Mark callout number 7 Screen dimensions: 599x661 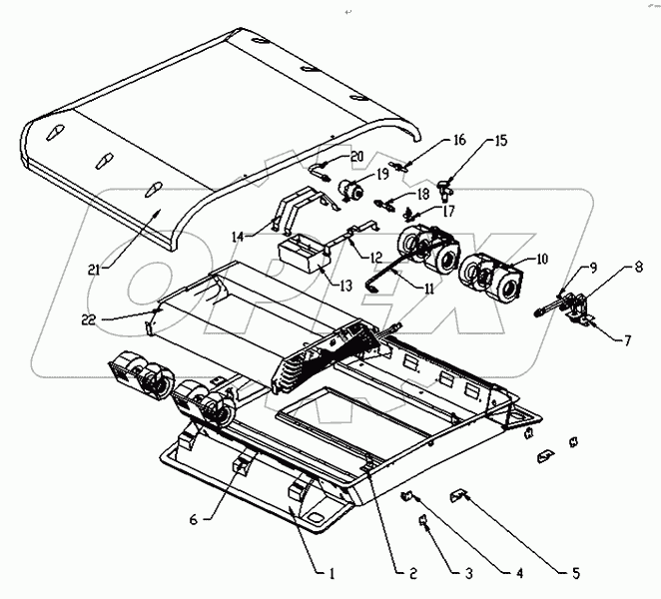click(627, 340)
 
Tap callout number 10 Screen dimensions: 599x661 click(542, 259)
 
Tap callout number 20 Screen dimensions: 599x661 click(357, 156)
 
